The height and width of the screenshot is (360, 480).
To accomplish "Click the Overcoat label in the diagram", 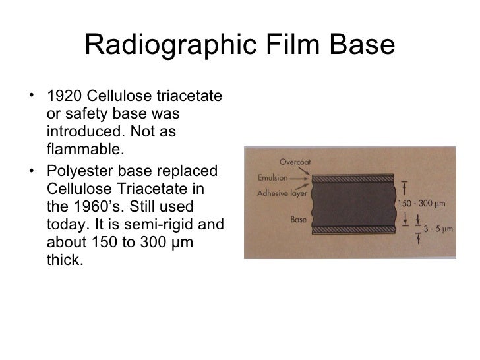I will point(295,160).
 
